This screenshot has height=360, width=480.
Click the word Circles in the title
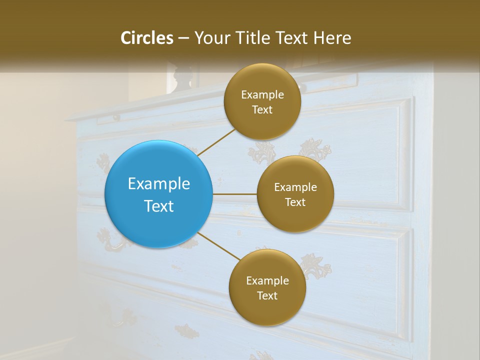(147, 38)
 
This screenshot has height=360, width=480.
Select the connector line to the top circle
(216, 142)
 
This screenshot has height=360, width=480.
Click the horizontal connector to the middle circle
(234, 194)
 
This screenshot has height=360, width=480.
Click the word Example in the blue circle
(159, 183)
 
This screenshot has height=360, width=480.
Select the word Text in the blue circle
(159, 205)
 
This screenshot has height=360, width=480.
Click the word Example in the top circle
(262, 94)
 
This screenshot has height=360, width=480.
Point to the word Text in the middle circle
(295, 202)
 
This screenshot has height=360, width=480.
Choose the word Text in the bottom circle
(267, 295)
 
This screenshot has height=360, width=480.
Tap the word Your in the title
(210, 38)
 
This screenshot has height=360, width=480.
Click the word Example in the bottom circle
(267, 280)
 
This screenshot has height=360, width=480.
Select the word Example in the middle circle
(295, 187)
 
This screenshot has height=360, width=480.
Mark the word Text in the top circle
(262, 109)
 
